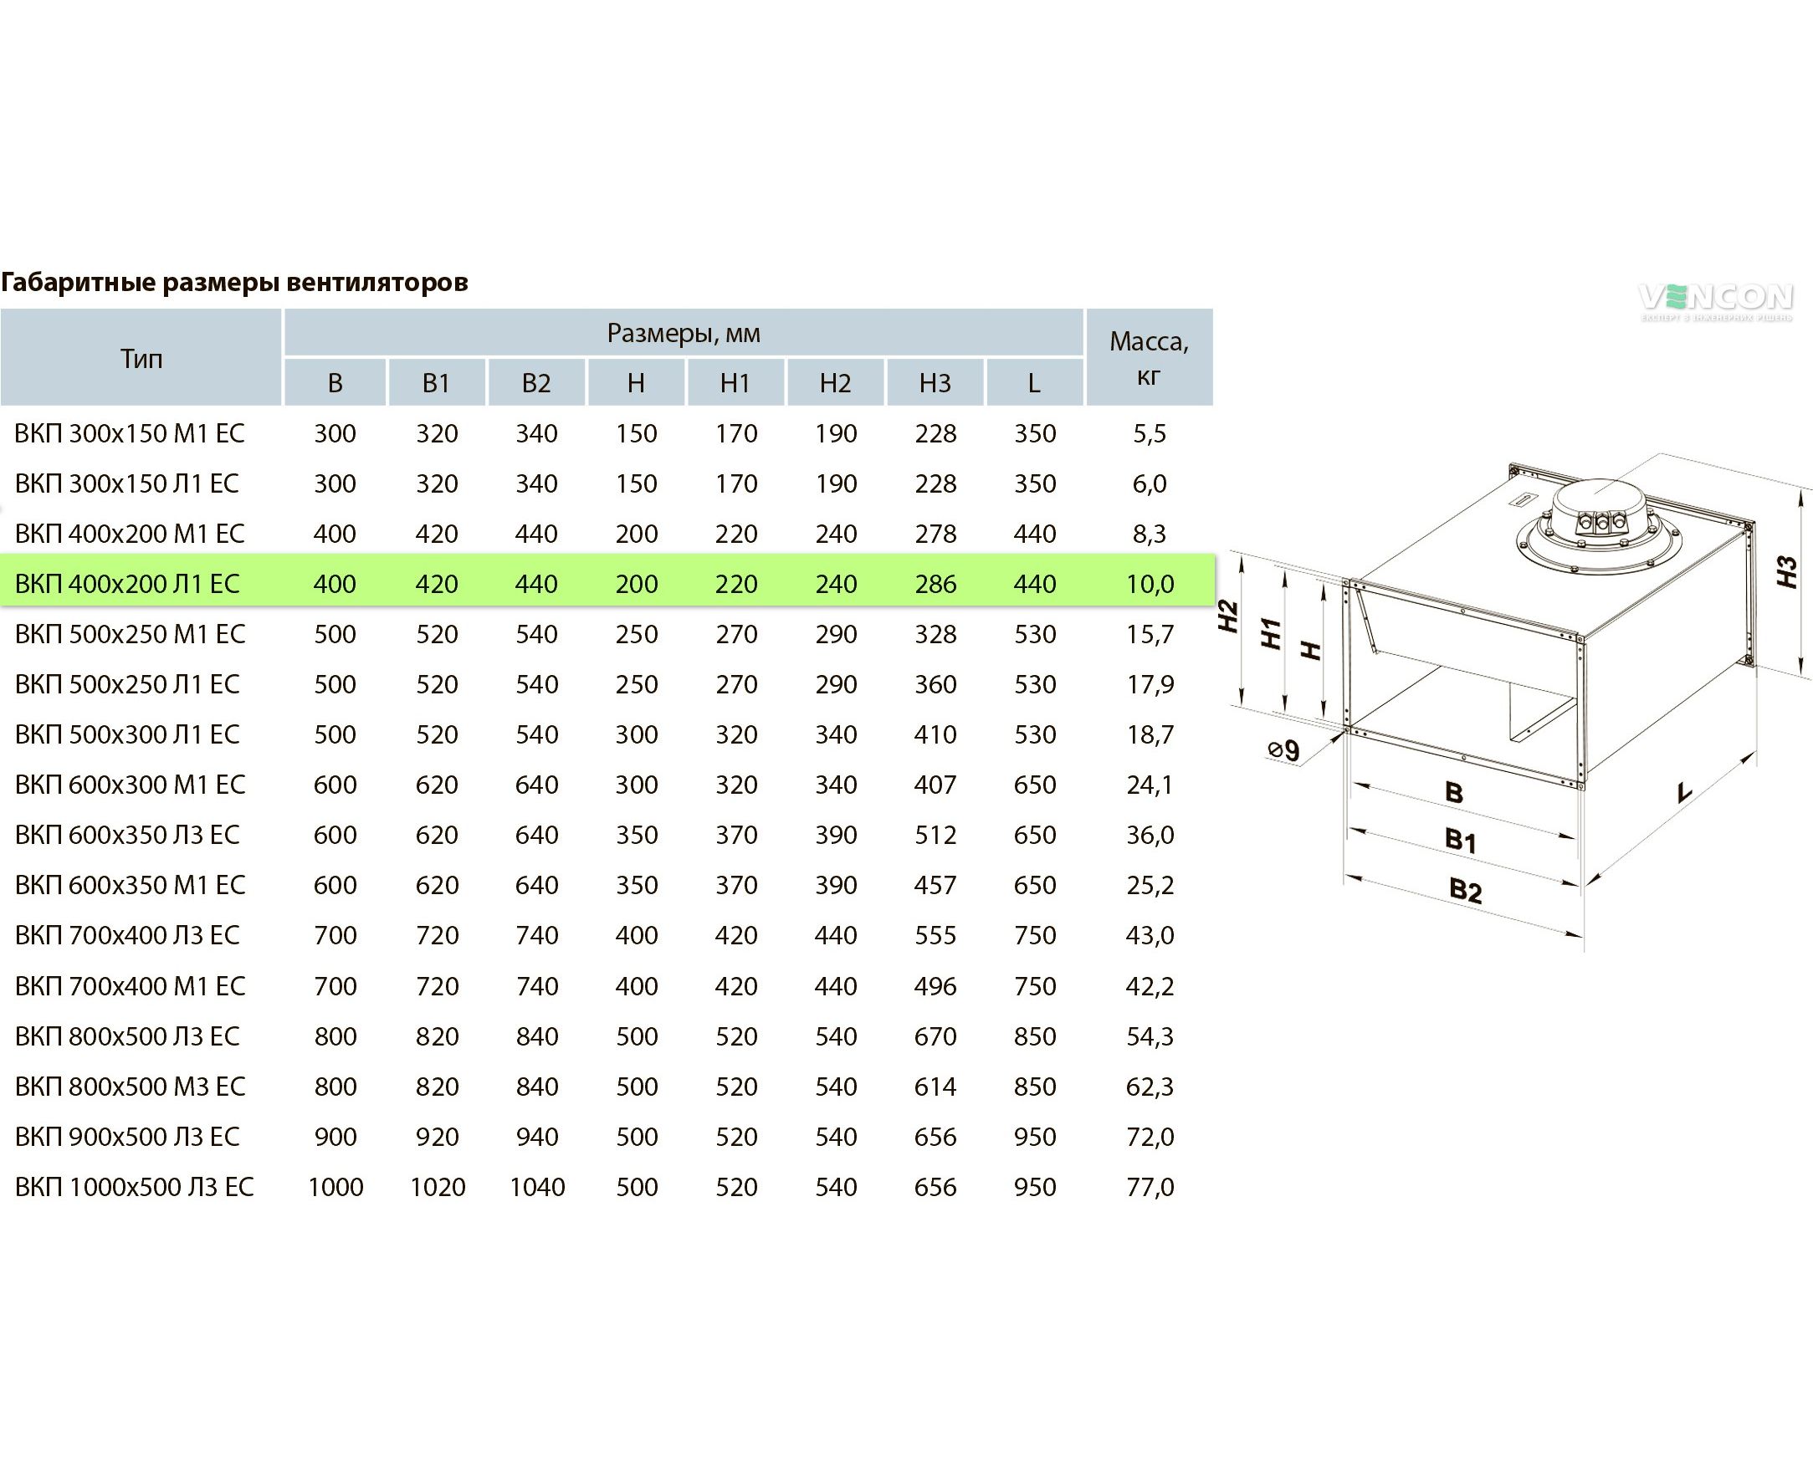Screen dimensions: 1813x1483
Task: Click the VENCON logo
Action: coord(1715,301)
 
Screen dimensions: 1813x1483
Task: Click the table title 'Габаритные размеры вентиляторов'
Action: coord(234,282)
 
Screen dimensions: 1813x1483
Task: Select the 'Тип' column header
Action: coord(141,359)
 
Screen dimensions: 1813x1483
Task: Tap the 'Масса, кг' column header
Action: coord(1150,358)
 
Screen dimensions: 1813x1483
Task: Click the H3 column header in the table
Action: coord(935,384)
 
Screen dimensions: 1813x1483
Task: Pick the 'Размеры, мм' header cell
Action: coord(684,333)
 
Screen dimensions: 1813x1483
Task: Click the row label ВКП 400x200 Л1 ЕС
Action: coord(127,585)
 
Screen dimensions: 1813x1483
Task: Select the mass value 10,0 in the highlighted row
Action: coord(1150,585)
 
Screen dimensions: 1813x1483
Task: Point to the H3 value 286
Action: coord(935,585)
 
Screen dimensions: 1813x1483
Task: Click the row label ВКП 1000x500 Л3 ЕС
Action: coord(134,1188)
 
